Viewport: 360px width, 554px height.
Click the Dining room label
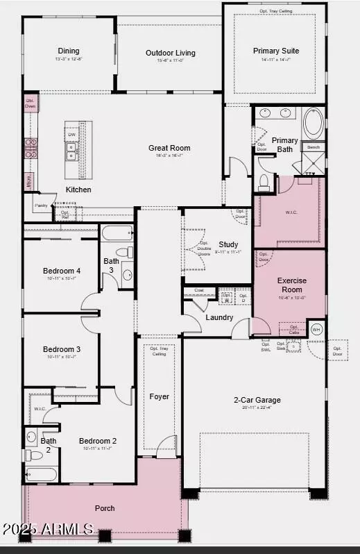click(x=69, y=51)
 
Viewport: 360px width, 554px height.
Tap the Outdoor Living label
click(x=170, y=53)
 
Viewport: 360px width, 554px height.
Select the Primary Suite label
click(x=276, y=50)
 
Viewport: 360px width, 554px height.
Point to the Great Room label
click(x=169, y=148)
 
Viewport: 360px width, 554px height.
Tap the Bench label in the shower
click(x=314, y=147)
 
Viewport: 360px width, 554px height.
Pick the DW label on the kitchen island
click(x=72, y=135)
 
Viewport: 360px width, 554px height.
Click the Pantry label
click(x=41, y=205)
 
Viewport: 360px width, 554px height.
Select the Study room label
click(x=228, y=244)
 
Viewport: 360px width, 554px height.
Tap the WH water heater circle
click(x=317, y=329)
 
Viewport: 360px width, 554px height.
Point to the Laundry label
click(x=219, y=318)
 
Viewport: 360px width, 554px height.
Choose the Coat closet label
click(x=198, y=291)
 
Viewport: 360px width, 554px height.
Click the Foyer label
click(x=160, y=396)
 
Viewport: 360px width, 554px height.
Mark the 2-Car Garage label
click(x=257, y=400)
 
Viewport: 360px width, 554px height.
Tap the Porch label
click(x=105, y=508)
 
